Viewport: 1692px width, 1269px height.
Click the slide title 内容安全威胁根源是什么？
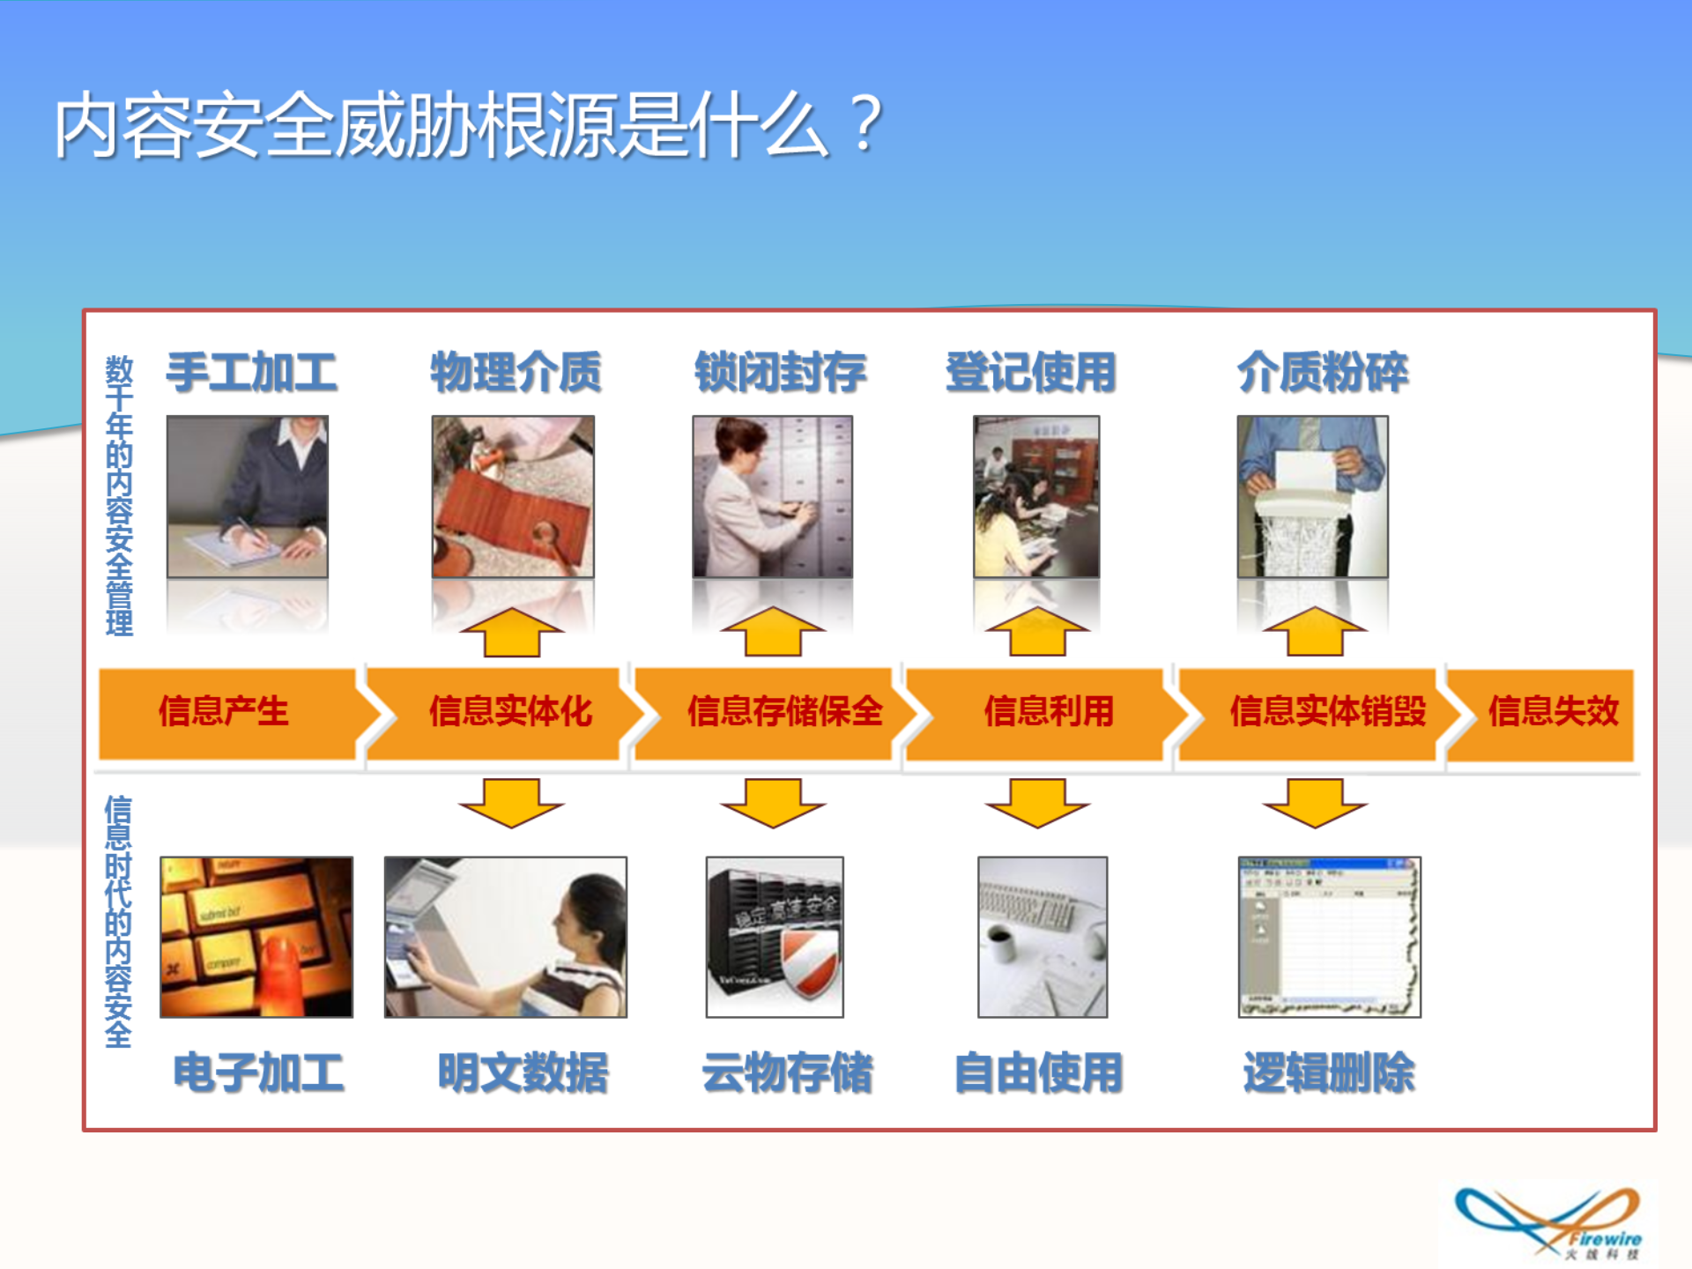467,126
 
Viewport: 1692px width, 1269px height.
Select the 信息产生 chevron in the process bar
224,712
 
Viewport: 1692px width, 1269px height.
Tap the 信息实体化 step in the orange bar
509,712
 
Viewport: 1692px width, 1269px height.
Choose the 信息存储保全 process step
783,712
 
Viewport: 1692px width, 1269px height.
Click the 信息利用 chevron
1048,712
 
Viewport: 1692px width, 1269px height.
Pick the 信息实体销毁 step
1326,712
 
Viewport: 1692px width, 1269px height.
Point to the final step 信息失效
1553,712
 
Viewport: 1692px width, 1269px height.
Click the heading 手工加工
251,372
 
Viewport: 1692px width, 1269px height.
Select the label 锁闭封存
780,372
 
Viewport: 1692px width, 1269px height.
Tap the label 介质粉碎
1322,372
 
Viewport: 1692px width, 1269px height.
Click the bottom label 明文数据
523,1072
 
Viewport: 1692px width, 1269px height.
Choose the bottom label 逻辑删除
1328,1072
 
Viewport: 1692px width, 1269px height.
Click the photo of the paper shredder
1312,496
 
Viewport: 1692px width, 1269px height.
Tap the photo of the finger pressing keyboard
256,937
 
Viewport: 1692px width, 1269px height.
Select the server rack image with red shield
775,937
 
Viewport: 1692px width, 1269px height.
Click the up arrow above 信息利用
1037,633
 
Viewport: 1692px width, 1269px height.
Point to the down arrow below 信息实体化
511,802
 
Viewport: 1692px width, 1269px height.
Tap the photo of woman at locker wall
772,496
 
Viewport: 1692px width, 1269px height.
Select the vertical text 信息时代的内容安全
118,921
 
